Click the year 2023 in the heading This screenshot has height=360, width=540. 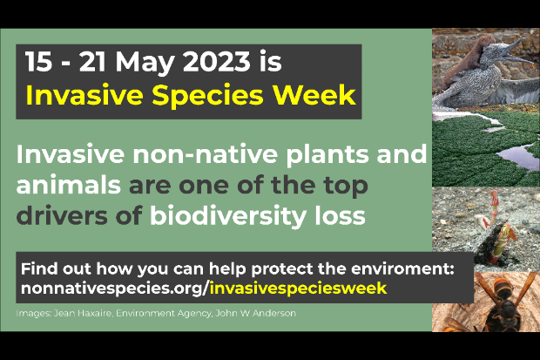pyautogui.click(x=216, y=61)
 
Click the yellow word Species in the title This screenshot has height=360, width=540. pyautogui.click(x=207, y=97)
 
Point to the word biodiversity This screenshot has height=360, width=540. pyautogui.click(x=228, y=216)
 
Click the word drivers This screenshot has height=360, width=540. pyautogui.click(x=62, y=216)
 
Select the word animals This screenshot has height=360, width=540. pyautogui.click(x=69, y=185)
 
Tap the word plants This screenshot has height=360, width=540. pyautogui.click(x=328, y=155)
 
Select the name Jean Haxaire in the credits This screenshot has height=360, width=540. pyautogui.click(x=83, y=314)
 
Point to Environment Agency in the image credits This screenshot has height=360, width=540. pyautogui.click(x=164, y=314)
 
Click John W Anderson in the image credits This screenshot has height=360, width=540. pyautogui.click(x=255, y=313)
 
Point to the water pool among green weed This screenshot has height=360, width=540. pyautogui.click(x=516, y=157)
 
